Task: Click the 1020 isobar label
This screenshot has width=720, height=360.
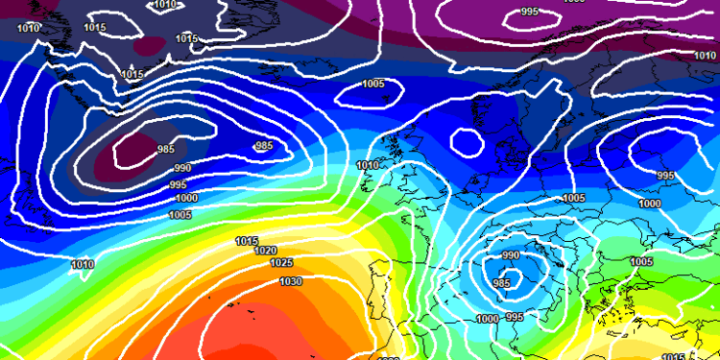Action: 265,251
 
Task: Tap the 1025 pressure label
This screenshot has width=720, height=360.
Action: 281,263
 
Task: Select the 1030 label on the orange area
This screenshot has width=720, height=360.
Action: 291,281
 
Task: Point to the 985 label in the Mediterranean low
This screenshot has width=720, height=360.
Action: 500,283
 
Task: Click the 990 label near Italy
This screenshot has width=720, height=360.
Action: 510,255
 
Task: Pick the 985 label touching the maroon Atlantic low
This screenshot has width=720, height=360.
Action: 166,149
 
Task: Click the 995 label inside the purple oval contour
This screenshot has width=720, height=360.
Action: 529,12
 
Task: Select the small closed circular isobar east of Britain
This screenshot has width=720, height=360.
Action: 468,142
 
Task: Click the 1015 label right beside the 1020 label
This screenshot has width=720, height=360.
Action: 247,241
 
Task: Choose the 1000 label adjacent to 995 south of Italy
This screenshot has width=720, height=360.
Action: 488,319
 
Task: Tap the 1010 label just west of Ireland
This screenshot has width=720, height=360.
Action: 366,166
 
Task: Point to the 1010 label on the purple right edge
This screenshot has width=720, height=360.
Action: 703,56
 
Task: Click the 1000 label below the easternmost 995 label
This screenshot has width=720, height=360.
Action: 650,204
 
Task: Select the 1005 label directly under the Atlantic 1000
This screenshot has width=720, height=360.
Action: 180,214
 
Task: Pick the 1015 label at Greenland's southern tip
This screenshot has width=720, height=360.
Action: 132,74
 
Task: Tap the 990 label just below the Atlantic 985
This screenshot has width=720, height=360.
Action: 182,168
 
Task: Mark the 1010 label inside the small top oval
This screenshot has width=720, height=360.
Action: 165,5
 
